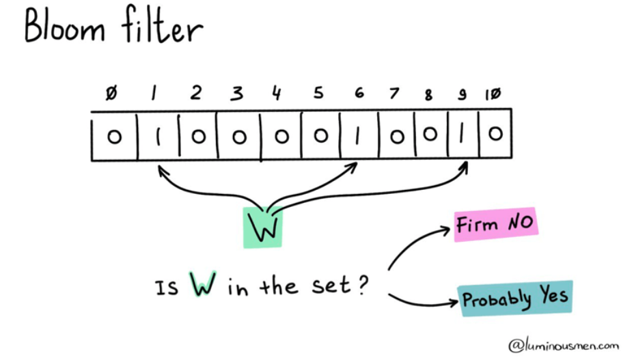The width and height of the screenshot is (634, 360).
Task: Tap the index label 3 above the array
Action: [236, 94]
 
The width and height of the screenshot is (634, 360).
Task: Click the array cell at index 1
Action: [158, 137]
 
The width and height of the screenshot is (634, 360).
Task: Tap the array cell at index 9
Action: [462, 136]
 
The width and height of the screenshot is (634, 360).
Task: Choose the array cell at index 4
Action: [281, 137]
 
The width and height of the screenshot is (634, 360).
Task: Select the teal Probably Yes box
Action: [515, 299]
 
